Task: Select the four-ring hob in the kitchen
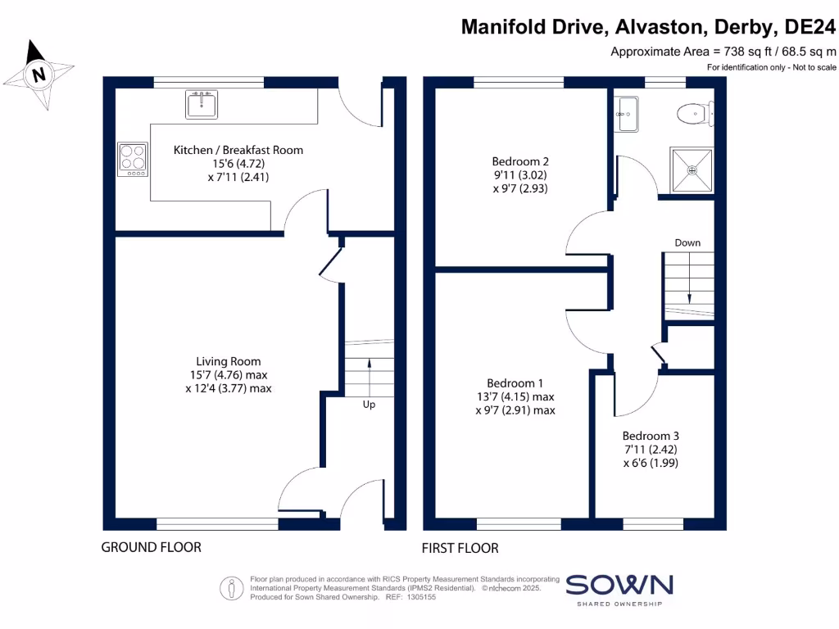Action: [134, 158]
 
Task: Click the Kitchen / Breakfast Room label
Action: [238, 150]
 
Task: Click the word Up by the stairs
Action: [369, 405]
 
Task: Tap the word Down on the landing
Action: [687, 243]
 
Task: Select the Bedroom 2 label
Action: [519, 161]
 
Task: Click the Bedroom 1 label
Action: [515, 383]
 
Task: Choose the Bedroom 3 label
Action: [651, 436]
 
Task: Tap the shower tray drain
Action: [692, 170]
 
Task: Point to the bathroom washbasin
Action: [627, 113]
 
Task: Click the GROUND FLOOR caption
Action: [151, 547]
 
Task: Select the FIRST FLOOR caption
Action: [460, 548]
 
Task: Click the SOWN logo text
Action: [619, 585]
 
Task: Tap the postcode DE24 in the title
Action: [810, 27]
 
